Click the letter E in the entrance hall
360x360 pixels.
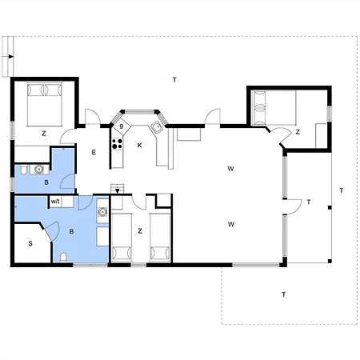pyautogui.click(x=94, y=152)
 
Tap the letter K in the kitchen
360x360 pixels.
pyautogui.click(x=139, y=146)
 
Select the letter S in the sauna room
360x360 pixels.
pyautogui.click(x=30, y=243)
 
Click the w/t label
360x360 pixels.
pyautogui.click(x=55, y=201)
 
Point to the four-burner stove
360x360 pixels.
pyautogui.click(x=117, y=144)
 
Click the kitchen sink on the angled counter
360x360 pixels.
pyautogui.click(x=158, y=127)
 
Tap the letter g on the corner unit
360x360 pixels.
pyautogui.click(x=122, y=126)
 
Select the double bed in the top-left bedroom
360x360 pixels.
pyautogui.click(x=45, y=104)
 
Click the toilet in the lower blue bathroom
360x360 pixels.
pyautogui.click(x=63, y=258)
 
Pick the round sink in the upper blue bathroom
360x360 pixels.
pyautogui.click(x=39, y=169)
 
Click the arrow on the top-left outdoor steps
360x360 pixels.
pyautogui.click(x=10, y=57)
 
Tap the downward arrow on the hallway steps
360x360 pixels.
pyautogui.click(x=117, y=191)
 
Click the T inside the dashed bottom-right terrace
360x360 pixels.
pyautogui.click(x=284, y=294)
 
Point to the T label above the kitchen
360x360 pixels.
pyautogui.click(x=174, y=79)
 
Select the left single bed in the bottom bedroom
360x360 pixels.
pyautogui.click(x=122, y=237)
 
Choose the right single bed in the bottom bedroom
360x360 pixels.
pyautogui.click(x=160, y=237)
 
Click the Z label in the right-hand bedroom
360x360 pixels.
pyautogui.click(x=298, y=132)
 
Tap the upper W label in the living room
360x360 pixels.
pyautogui.click(x=230, y=169)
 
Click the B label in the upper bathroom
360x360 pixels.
pyautogui.click(x=46, y=182)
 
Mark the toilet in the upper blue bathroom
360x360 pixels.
pyautogui.click(x=23, y=170)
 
